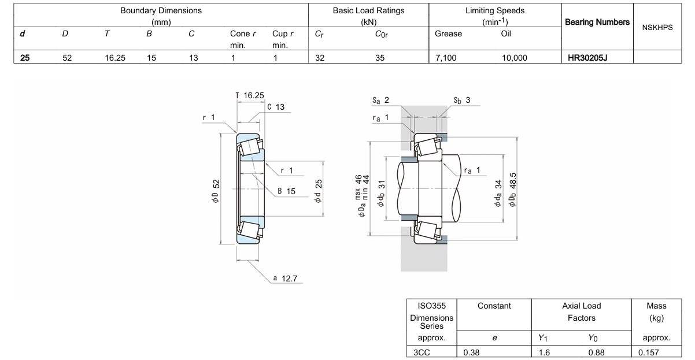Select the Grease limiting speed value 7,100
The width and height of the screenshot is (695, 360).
(446, 58)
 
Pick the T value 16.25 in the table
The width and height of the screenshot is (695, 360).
(115, 58)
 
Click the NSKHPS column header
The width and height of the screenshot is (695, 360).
(657, 27)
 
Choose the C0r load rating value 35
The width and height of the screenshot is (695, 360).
(380, 58)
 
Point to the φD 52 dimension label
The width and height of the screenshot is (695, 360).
(217, 191)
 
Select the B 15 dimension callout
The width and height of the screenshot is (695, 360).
(287, 191)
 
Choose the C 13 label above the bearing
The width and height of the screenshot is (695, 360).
(276, 107)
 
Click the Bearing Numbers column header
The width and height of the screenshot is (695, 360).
(597, 22)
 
